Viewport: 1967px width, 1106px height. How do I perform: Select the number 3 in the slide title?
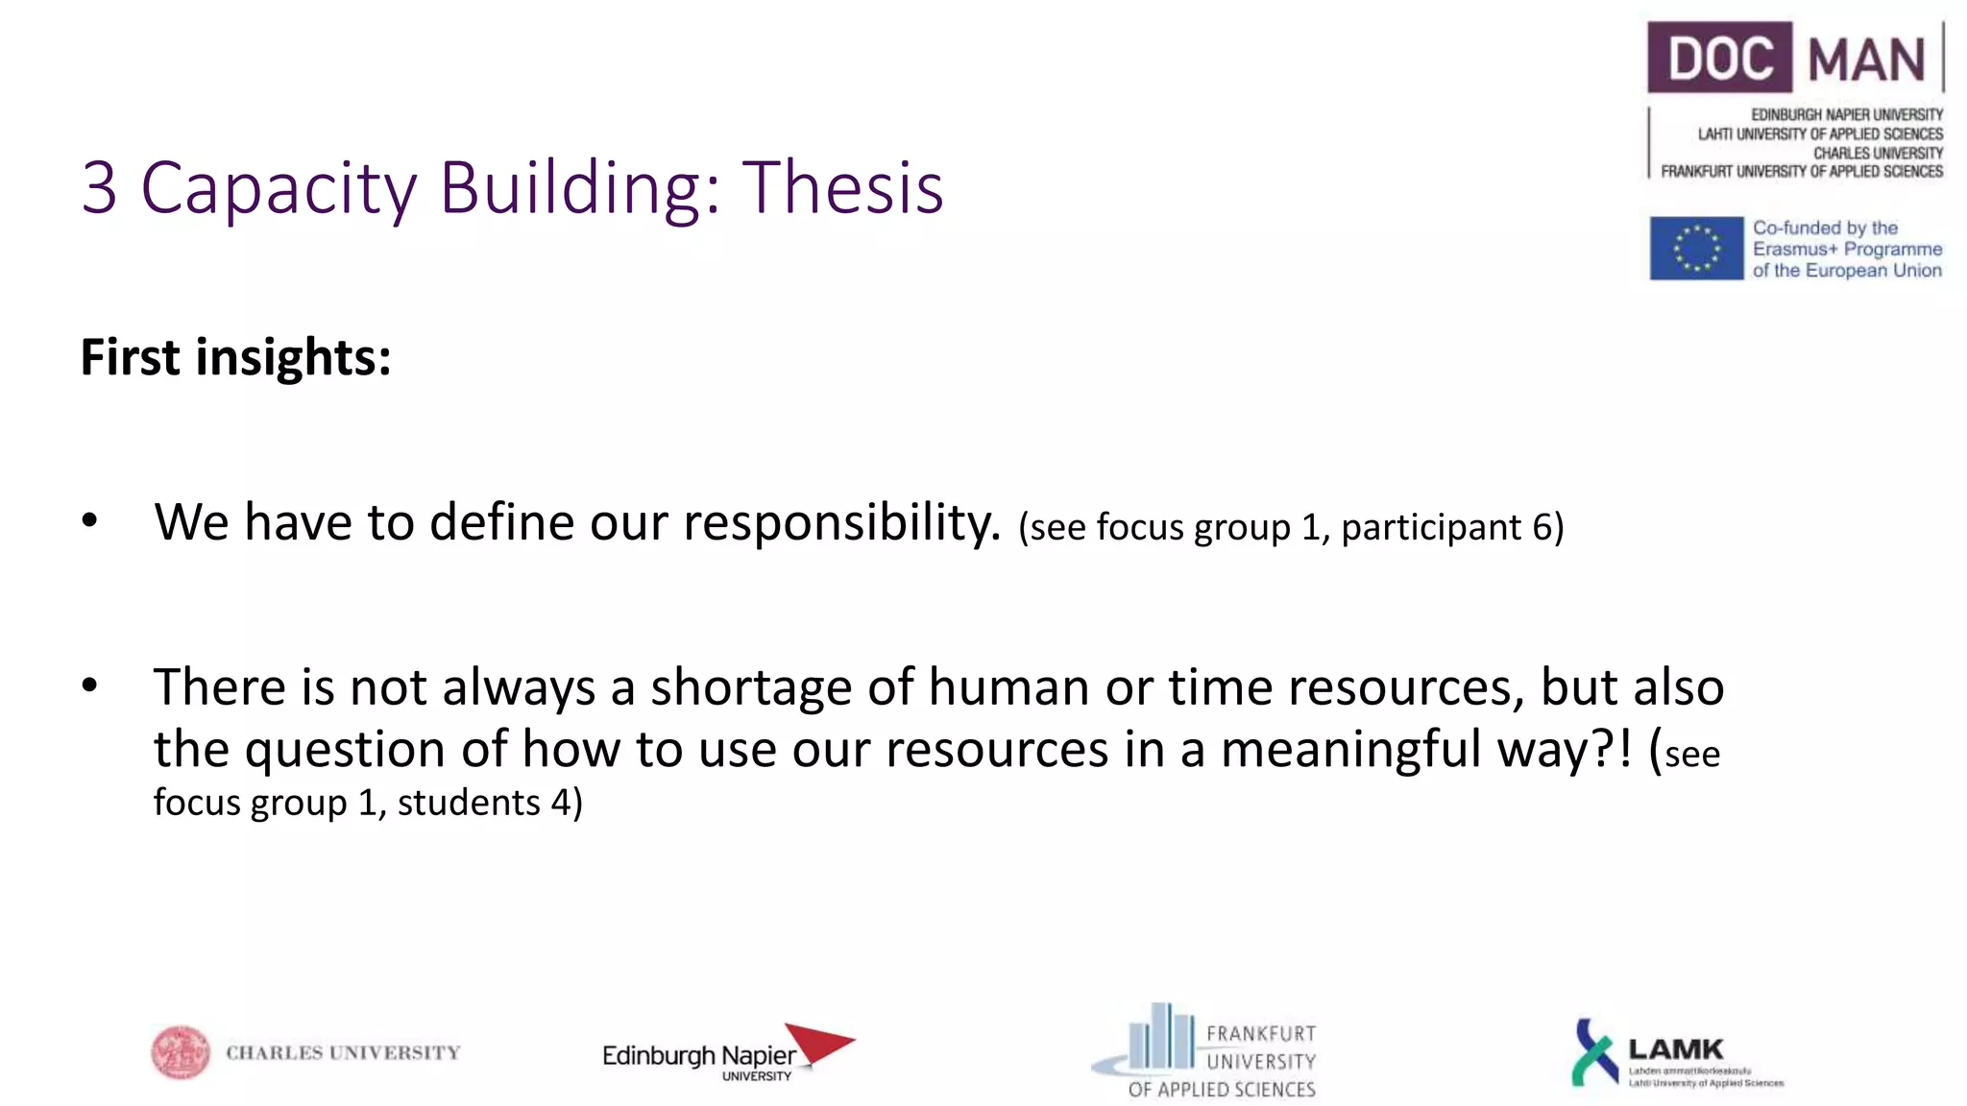[x=99, y=187]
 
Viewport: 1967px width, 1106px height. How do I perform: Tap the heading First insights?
[x=235, y=358]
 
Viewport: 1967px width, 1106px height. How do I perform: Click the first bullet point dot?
[x=90, y=521]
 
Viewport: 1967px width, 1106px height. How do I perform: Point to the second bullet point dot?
[x=90, y=685]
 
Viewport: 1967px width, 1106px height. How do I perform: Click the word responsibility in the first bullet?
[x=841, y=523]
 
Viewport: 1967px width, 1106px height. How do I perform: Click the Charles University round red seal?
[x=180, y=1052]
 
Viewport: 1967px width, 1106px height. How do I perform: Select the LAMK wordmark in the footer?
[x=1676, y=1048]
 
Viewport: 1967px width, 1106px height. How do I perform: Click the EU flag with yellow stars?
[x=1696, y=249]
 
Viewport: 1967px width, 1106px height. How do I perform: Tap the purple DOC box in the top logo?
[x=1719, y=58]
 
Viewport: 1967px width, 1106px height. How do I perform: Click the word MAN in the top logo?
[x=1866, y=60]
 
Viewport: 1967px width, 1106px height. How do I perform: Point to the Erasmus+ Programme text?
[x=1847, y=250]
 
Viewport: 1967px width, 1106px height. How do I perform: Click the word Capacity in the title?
[x=279, y=187]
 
